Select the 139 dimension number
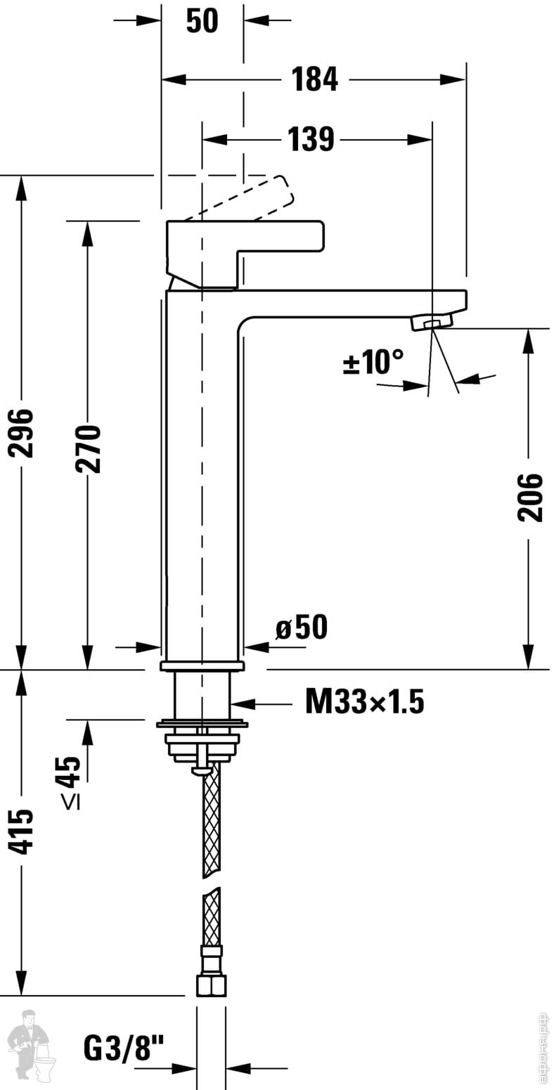click(311, 138)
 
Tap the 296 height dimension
click(22, 433)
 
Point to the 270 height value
click(88, 448)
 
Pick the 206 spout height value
click(529, 497)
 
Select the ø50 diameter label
click(302, 627)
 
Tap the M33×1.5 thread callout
click(365, 701)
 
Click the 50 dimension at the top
click(202, 20)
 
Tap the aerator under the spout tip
click(432, 322)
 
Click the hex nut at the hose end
click(212, 982)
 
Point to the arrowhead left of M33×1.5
click(242, 703)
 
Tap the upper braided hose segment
click(212, 822)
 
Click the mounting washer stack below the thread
click(201, 741)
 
